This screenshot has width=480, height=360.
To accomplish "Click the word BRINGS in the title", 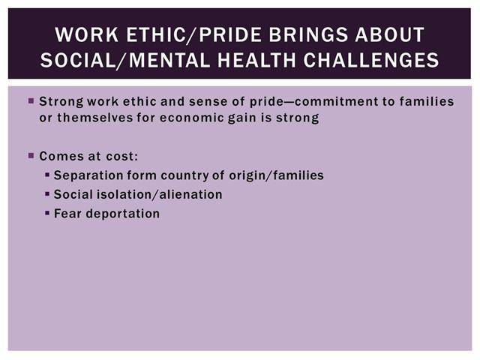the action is (308, 34).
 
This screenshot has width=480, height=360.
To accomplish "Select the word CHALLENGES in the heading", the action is (371, 60).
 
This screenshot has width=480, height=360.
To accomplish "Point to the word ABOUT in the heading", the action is (390, 34).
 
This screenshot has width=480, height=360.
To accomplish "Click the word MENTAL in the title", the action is (169, 60).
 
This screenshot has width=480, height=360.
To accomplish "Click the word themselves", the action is (95, 118).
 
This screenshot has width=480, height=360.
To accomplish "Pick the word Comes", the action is (61, 156).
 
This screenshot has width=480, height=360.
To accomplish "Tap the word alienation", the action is (191, 194).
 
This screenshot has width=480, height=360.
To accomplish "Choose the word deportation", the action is (123, 214).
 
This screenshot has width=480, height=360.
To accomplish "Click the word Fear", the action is (68, 214).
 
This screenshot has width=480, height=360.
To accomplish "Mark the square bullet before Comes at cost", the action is (31, 156).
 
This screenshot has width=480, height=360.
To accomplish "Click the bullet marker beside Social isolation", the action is (47, 194).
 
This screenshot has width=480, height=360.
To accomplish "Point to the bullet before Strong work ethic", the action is (31, 100).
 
